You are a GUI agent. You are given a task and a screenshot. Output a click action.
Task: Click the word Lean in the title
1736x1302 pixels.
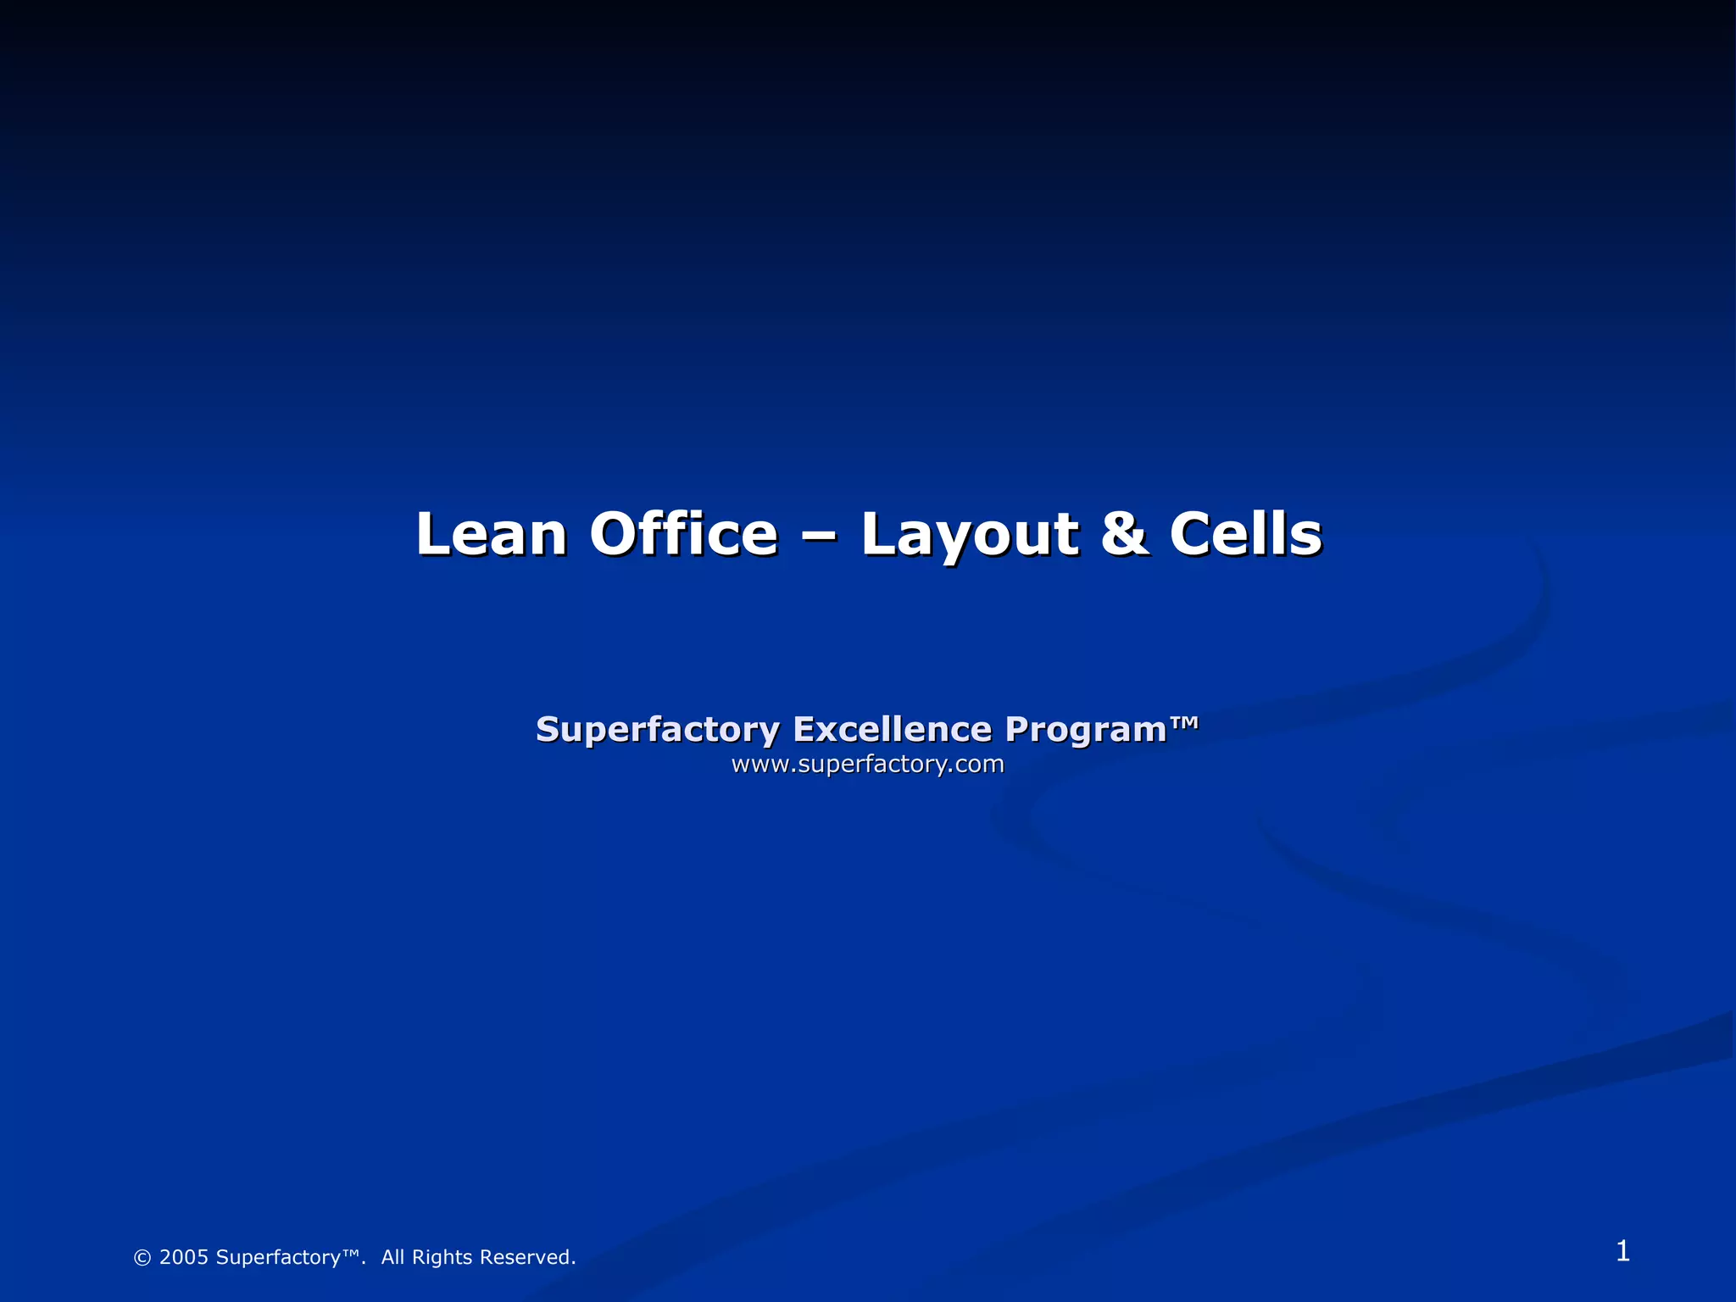[x=491, y=535]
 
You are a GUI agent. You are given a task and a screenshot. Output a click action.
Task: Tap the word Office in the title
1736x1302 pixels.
[x=683, y=535]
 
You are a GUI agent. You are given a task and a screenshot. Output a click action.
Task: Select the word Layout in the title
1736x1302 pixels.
[x=970, y=535]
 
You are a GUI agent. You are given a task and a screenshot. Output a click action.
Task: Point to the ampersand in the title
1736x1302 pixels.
[x=1124, y=535]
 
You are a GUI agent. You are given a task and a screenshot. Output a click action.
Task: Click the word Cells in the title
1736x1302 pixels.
[x=1245, y=535]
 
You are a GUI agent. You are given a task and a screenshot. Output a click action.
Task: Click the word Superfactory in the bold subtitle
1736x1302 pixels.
[x=657, y=730]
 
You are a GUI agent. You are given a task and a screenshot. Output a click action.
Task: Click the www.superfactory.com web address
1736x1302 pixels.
[x=867, y=765]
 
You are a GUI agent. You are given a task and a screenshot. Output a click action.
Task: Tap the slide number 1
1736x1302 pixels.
[x=1622, y=1251]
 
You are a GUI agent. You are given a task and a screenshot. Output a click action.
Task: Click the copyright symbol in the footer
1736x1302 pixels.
[x=142, y=1258]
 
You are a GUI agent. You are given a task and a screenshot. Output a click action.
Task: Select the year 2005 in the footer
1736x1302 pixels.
[x=184, y=1257]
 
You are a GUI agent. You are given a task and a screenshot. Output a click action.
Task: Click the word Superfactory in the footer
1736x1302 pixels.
[x=278, y=1258]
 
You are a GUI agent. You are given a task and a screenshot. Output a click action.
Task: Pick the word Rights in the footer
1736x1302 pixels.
[x=442, y=1258]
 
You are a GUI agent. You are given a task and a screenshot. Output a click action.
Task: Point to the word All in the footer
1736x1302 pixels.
[x=393, y=1257]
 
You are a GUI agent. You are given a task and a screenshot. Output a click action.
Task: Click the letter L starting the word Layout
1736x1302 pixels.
[x=876, y=535]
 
